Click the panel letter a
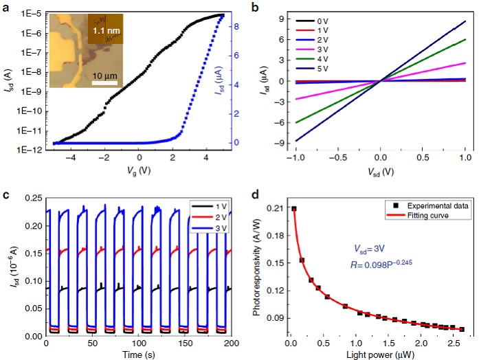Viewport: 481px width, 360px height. point(6,7)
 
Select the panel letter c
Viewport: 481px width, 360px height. point(6,192)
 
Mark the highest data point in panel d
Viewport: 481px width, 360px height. point(294,209)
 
